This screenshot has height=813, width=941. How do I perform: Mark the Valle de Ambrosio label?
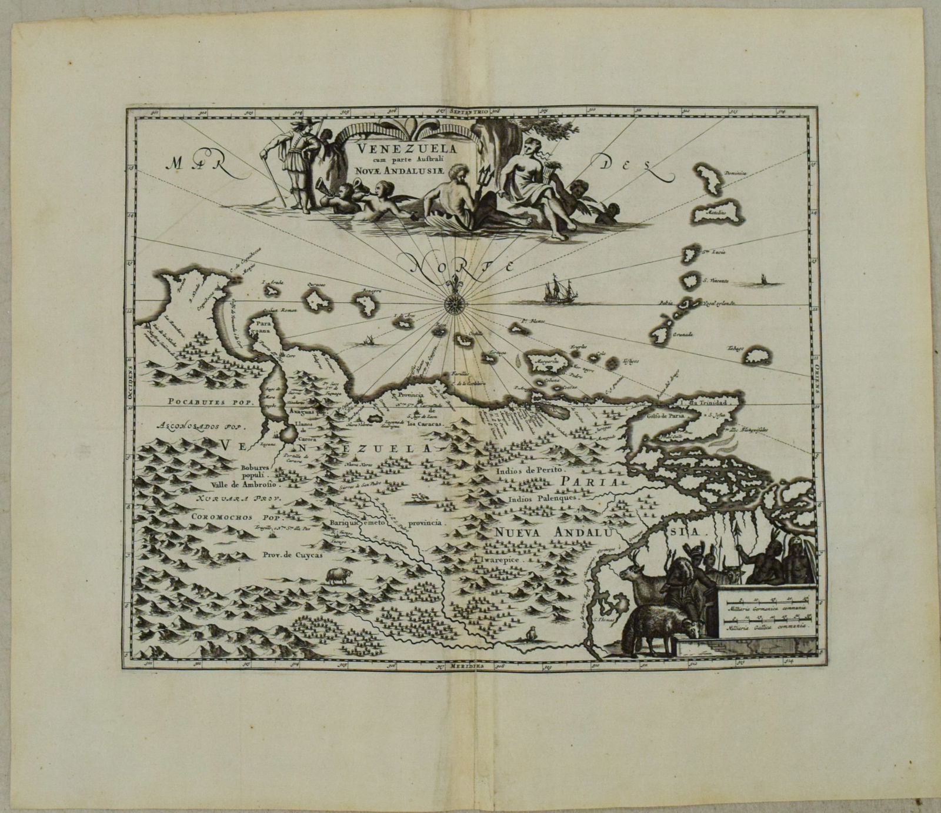tap(243, 487)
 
